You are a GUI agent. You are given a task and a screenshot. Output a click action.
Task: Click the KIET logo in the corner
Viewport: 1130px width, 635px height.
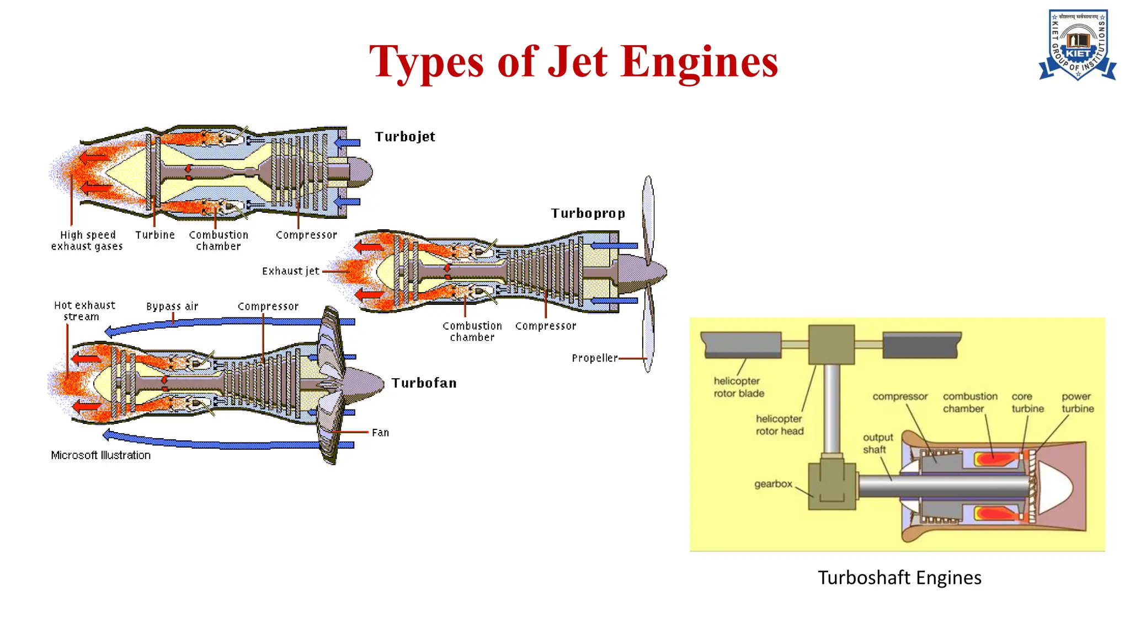[1078, 45]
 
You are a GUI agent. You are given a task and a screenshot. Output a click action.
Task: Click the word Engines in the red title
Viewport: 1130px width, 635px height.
[700, 62]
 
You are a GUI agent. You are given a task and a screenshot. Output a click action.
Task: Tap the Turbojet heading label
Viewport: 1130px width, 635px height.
[405, 137]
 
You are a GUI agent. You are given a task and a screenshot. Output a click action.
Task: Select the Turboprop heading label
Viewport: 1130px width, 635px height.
[588, 213]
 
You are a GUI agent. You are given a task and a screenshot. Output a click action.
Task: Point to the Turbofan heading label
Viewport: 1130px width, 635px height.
[424, 383]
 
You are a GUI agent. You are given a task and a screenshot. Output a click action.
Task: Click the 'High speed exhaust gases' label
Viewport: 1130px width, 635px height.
[87, 241]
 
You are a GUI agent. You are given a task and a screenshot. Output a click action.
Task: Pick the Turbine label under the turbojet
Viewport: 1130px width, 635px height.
[155, 235]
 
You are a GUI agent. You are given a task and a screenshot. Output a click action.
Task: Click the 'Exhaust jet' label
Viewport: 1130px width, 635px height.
[290, 271]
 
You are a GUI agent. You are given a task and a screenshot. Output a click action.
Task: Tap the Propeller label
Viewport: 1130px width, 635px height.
[594, 358]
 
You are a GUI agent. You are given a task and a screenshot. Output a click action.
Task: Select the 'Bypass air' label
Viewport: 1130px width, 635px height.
[172, 306]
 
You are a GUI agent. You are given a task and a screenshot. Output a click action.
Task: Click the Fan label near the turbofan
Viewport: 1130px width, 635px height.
[380, 433]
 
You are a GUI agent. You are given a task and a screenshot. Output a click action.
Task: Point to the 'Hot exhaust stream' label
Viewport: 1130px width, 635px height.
[84, 311]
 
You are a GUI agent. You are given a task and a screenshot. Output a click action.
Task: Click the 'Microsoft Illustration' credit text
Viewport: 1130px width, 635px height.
[100, 455]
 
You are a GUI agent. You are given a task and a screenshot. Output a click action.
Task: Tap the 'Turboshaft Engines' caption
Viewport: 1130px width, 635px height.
[899, 578]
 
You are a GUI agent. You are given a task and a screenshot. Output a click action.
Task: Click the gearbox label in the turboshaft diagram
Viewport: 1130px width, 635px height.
[773, 484]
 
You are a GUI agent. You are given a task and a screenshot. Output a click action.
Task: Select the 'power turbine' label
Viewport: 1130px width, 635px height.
[1077, 402]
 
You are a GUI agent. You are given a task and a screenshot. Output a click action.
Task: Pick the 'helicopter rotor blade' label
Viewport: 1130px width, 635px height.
[738, 387]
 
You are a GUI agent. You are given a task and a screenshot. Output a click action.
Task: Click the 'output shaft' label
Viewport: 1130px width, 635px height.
[877, 443]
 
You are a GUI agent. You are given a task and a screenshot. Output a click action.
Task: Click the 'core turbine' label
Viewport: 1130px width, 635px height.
[1027, 402]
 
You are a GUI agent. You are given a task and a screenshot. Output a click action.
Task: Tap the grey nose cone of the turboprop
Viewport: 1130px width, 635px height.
[640, 272]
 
